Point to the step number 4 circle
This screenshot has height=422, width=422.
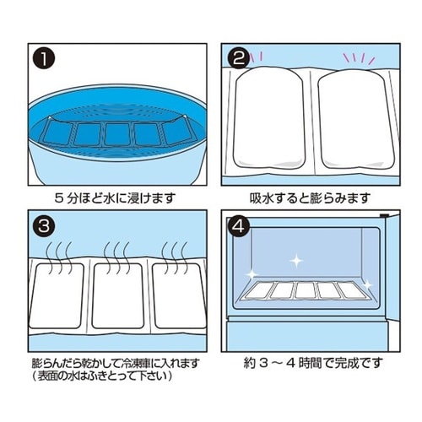240,228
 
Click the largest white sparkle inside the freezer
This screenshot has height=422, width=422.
295,262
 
